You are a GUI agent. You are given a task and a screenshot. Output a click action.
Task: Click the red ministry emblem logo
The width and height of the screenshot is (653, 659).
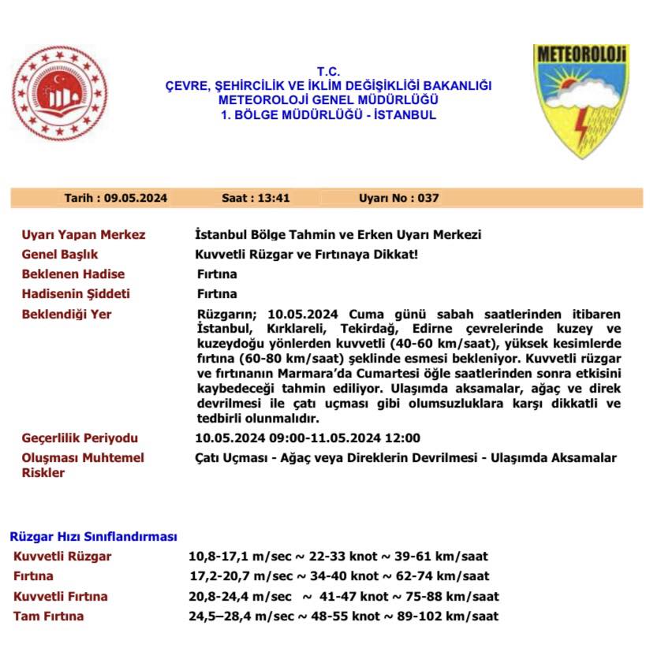tap(59, 93)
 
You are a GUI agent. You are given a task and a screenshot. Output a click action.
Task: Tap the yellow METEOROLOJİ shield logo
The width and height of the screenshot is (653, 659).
tap(580, 99)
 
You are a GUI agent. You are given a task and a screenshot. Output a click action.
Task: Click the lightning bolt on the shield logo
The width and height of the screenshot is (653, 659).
tap(580, 128)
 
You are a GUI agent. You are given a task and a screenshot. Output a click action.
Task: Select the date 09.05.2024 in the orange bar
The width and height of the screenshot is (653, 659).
tap(136, 199)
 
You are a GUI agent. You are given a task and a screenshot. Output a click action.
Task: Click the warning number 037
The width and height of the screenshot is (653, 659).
tap(429, 199)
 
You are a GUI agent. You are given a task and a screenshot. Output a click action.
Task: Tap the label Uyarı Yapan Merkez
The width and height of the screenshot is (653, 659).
tap(84, 235)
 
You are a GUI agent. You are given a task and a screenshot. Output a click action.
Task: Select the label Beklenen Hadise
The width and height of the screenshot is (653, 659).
tap(73, 274)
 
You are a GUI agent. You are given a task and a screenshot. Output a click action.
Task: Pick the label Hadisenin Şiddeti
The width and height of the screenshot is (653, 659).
tap(76, 294)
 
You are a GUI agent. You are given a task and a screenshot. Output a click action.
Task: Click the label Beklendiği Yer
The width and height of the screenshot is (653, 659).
tap(67, 315)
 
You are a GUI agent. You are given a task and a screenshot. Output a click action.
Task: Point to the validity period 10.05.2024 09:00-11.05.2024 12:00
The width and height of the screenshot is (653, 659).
tap(308, 438)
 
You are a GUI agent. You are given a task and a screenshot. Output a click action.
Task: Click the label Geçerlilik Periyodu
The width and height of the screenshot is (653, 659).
tap(80, 438)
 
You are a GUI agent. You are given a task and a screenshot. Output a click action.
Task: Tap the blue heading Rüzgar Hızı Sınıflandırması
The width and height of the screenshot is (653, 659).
tap(93, 537)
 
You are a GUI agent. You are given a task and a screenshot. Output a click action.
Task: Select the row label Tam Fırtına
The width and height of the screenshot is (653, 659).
tap(48, 616)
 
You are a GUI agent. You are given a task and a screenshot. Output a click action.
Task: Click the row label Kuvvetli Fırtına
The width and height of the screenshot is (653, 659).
tap(61, 597)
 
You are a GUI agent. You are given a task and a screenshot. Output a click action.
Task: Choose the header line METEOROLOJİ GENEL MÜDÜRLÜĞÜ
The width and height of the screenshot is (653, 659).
tap(327, 100)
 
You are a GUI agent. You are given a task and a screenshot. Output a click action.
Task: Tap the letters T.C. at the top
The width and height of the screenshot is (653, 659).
tap(327, 72)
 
